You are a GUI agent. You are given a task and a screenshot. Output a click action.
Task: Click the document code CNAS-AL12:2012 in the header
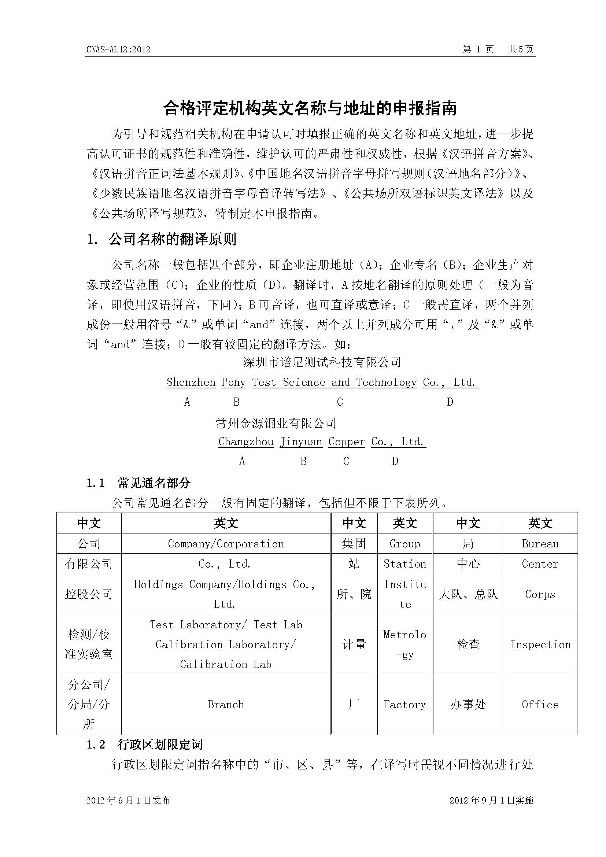click(118, 49)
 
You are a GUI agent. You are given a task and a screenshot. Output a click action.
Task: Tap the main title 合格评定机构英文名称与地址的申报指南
click(310, 108)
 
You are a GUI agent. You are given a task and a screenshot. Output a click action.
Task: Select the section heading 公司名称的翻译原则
click(173, 239)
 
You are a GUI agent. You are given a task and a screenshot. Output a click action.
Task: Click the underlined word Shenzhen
click(191, 382)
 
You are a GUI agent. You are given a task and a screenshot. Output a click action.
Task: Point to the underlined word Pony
click(234, 382)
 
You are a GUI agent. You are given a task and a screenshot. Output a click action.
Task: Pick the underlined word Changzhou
click(246, 442)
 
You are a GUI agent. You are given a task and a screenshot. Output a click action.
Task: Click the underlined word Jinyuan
click(301, 442)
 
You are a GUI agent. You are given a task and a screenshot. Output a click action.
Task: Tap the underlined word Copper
click(346, 442)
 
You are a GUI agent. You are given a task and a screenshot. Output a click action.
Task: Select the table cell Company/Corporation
click(226, 543)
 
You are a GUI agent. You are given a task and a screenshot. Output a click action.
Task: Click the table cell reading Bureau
click(540, 543)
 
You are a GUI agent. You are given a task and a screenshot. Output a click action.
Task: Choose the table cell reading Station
click(404, 564)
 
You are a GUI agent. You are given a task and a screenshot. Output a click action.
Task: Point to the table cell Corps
click(540, 594)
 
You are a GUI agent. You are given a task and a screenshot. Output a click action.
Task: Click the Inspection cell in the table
click(540, 644)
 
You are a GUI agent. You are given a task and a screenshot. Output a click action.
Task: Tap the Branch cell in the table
click(226, 704)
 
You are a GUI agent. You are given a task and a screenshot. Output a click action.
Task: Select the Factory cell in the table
click(404, 704)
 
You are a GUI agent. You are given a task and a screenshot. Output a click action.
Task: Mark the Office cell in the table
click(540, 704)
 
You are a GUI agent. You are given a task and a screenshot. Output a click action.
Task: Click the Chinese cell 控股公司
click(89, 594)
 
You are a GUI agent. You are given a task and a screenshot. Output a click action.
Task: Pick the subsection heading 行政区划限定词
click(160, 745)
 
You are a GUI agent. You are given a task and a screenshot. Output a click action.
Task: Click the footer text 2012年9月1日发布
click(128, 800)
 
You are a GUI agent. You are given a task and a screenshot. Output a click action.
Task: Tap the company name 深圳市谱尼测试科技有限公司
click(322, 362)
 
